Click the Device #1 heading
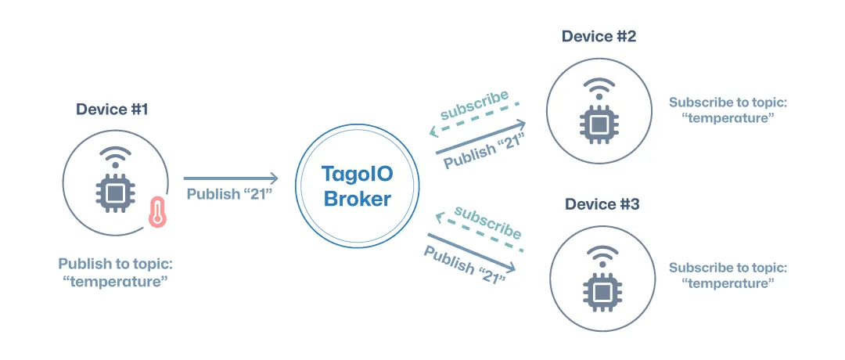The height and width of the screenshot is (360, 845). (x=112, y=109)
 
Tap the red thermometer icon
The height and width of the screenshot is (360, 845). (x=158, y=211)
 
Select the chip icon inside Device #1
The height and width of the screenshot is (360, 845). (x=114, y=193)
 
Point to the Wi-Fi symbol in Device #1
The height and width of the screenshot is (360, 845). (x=114, y=156)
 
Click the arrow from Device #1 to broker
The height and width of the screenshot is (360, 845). (x=230, y=178)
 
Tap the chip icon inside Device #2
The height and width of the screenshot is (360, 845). (x=599, y=124)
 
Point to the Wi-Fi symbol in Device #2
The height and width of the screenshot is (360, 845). (x=599, y=87)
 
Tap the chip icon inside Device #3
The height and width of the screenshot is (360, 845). (x=602, y=291)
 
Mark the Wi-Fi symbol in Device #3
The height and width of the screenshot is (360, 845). (x=602, y=255)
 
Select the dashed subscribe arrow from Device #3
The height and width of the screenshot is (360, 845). (x=479, y=232)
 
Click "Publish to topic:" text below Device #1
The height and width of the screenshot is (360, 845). (x=114, y=265)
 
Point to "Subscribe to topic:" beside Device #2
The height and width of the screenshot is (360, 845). (x=728, y=103)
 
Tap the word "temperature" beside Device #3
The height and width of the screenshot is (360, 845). (x=728, y=283)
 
